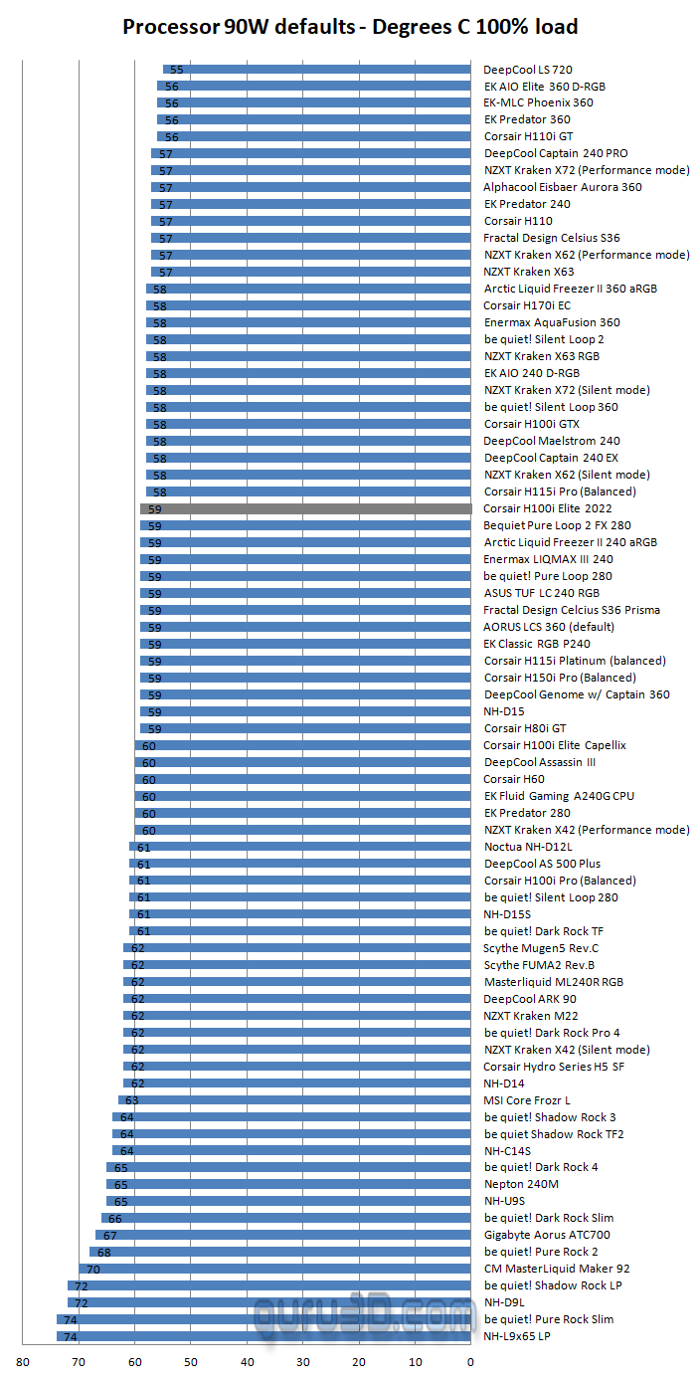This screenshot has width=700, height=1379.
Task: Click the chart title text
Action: [x=350, y=27]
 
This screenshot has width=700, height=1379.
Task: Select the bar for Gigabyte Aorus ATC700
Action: [x=283, y=1236]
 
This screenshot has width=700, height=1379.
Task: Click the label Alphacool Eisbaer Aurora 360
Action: [x=563, y=187]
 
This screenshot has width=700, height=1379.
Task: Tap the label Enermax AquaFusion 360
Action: [x=552, y=322]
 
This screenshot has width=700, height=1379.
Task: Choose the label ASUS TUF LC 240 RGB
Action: [x=542, y=593]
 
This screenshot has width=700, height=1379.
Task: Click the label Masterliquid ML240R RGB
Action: [x=554, y=982]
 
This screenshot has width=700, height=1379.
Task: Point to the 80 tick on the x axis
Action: [x=23, y=1361]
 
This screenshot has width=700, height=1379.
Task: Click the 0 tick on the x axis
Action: [x=470, y=1361]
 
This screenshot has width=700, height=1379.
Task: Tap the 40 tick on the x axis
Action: [x=247, y=1361]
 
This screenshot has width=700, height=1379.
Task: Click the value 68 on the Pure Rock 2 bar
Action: [x=104, y=1253]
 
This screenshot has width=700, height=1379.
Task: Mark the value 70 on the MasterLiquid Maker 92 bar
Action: [x=93, y=1270]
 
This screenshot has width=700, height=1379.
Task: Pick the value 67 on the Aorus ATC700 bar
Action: [x=110, y=1236]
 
